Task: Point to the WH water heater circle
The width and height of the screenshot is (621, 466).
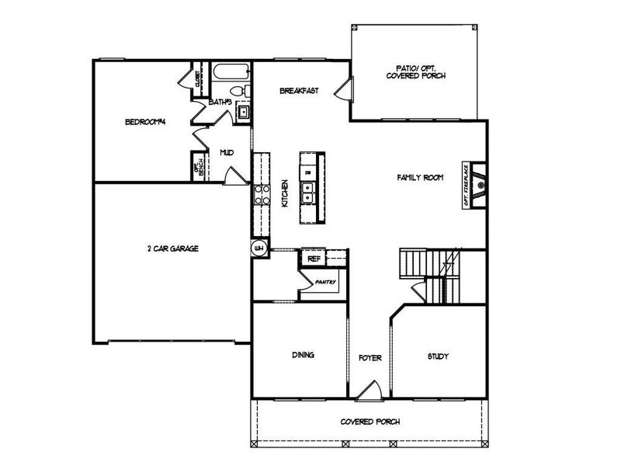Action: (259, 249)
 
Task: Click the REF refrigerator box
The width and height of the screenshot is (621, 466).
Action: (314, 259)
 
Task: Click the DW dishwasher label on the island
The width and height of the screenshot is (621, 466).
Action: (308, 171)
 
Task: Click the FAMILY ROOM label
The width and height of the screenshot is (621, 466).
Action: (420, 178)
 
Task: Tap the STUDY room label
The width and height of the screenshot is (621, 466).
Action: (439, 356)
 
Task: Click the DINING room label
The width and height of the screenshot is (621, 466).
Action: (303, 356)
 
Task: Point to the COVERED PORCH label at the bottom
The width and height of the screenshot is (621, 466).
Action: (369, 422)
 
